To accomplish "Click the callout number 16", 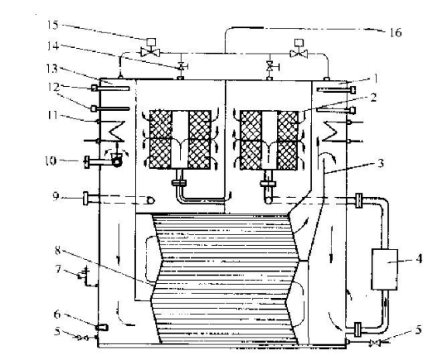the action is point(396,33).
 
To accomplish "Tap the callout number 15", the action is point(53,25).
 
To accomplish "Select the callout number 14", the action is point(53,46).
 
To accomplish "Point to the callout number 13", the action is point(52,68).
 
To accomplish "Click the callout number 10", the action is point(50,161).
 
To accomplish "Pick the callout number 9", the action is point(56,196).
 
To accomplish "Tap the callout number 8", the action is point(57,251).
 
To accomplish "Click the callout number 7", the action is point(57,269).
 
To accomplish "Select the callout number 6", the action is point(57,314).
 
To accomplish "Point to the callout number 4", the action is point(419,259).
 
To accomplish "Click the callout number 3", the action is point(381,163).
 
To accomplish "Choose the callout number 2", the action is point(373,97).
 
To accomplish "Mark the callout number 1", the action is point(376,78).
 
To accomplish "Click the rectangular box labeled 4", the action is point(385,269).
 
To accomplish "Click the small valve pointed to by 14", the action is point(182,66).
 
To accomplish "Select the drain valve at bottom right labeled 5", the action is point(376,343).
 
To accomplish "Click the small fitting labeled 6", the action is point(102,327).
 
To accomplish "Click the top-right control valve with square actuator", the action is point(299,49).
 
